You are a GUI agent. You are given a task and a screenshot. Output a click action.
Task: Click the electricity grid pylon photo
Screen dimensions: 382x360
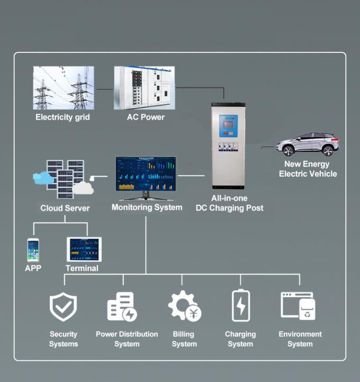click(x=64, y=88)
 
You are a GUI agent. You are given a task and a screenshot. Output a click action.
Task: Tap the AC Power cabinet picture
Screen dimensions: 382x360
click(x=145, y=88)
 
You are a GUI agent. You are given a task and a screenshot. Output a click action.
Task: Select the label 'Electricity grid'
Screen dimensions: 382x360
click(x=62, y=117)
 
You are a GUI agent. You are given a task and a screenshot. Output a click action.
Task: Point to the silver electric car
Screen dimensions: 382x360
click(x=305, y=144)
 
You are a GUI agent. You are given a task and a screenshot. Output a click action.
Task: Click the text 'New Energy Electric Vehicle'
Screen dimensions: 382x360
click(x=308, y=169)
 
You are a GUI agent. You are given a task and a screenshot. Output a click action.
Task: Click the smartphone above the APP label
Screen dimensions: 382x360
click(x=33, y=250)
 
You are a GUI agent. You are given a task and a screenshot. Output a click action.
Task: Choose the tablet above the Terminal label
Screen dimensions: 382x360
click(x=84, y=249)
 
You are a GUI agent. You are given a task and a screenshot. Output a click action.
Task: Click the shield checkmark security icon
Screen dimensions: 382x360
click(x=64, y=307)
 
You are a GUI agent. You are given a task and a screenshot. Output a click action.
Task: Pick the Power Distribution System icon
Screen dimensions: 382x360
click(x=122, y=307)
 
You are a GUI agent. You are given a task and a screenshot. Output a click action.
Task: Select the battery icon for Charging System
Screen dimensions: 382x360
click(x=240, y=306)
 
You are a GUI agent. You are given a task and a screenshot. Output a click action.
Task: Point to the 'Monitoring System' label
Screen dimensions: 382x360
click(x=147, y=207)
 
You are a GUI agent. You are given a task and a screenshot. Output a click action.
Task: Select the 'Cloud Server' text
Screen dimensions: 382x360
click(x=65, y=208)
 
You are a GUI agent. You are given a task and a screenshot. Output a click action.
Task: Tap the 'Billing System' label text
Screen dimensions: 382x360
click(x=184, y=339)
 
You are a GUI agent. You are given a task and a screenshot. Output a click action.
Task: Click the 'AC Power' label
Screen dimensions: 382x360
click(x=146, y=117)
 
